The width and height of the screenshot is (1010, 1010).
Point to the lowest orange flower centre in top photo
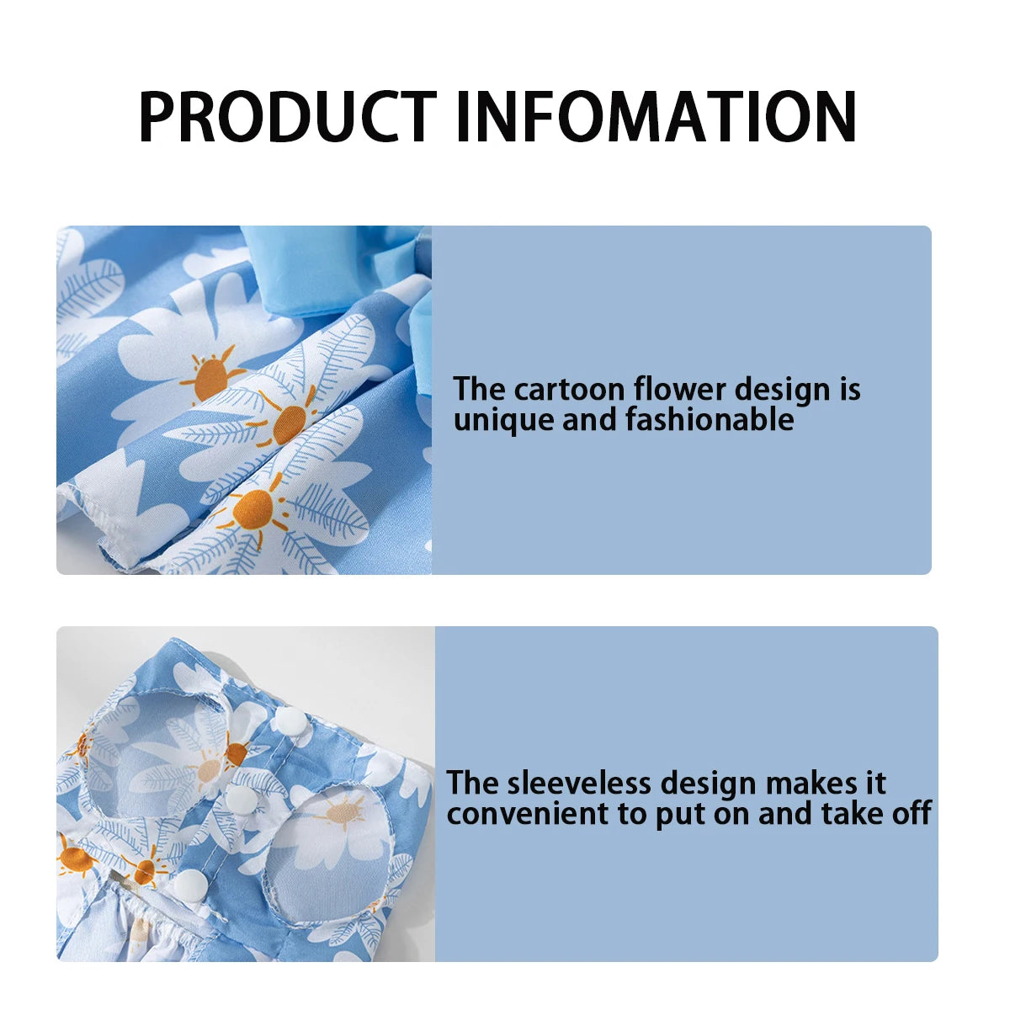pos(252,508)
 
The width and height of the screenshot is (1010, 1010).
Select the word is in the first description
pos(849,390)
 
